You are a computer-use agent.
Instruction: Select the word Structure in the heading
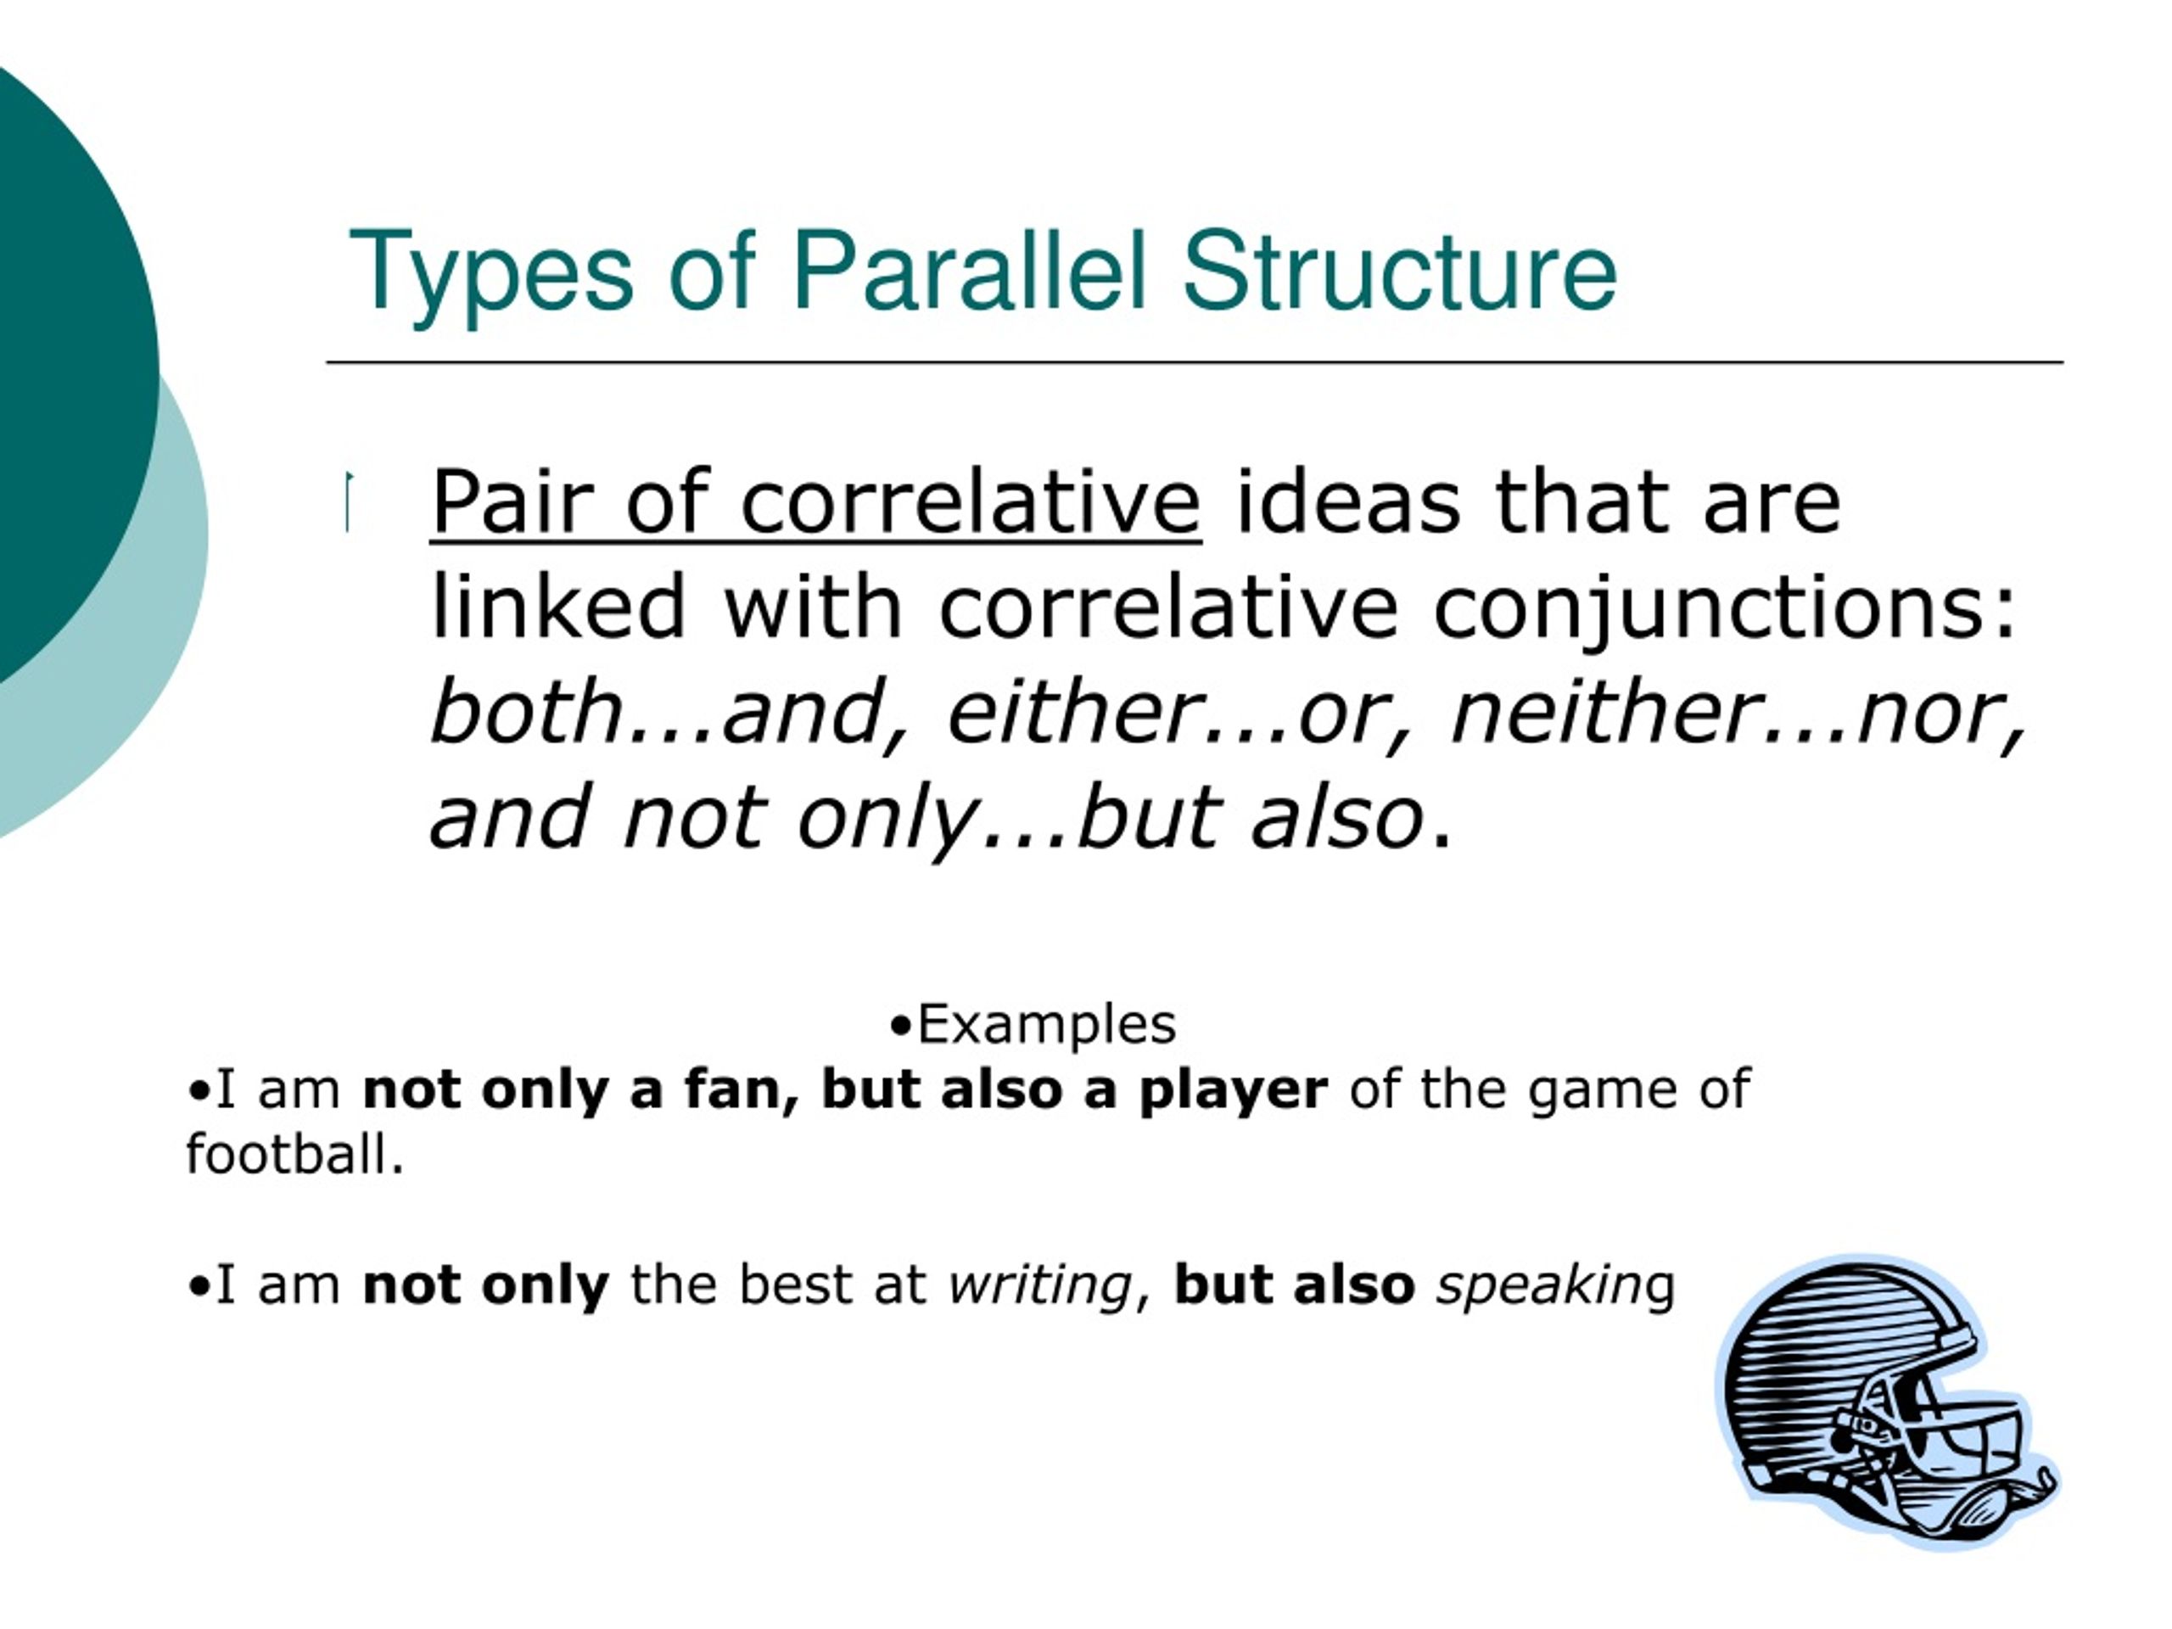pyautogui.click(x=1398, y=270)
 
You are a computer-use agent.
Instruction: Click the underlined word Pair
pyautogui.click(x=511, y=503)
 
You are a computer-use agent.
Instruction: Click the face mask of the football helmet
pyautogui.click(x=1954, y=1434)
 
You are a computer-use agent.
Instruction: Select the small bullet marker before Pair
pyautogui.click(x=348, y=501)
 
